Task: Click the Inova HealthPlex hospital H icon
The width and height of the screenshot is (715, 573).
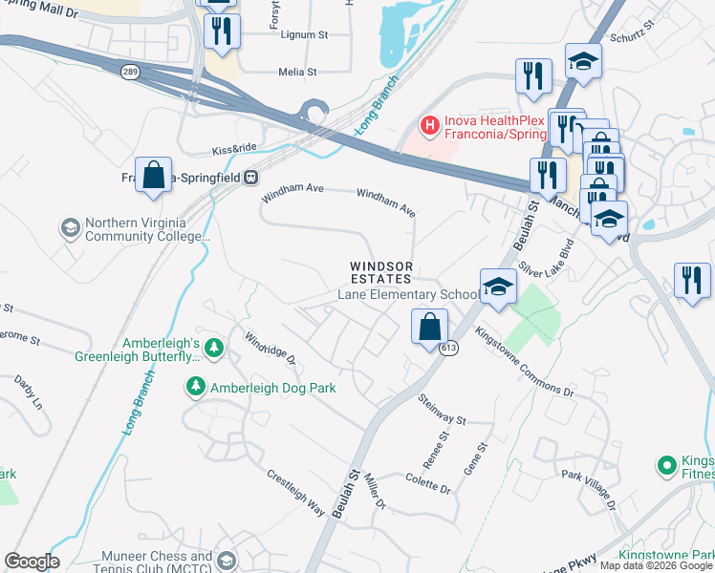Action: [x=430, y=125]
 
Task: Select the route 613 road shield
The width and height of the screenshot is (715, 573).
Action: [x=449, y=349]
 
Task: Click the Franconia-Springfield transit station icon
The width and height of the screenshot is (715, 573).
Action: [x=250, y=177]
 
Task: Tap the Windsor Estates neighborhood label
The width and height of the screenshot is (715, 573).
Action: [x=380, y=272]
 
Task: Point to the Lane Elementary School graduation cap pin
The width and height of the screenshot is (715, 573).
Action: [x=498, y=286]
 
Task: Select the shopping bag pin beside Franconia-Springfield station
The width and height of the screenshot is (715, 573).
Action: [x=153, y=175]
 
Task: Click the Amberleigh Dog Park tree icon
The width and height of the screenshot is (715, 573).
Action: [x=195, y=387]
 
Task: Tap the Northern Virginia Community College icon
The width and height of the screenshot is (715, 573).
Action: [x=70, y=228]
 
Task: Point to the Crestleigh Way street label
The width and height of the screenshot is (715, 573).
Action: [x=295, y=492]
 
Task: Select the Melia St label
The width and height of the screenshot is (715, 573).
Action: [x=297, y=72]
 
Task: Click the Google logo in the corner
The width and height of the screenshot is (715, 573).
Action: [x=32, y=562]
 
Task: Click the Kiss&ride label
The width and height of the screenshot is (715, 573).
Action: [x=233, y=150]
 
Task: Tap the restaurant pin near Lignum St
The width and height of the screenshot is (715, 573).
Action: [x=221, y=32]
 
